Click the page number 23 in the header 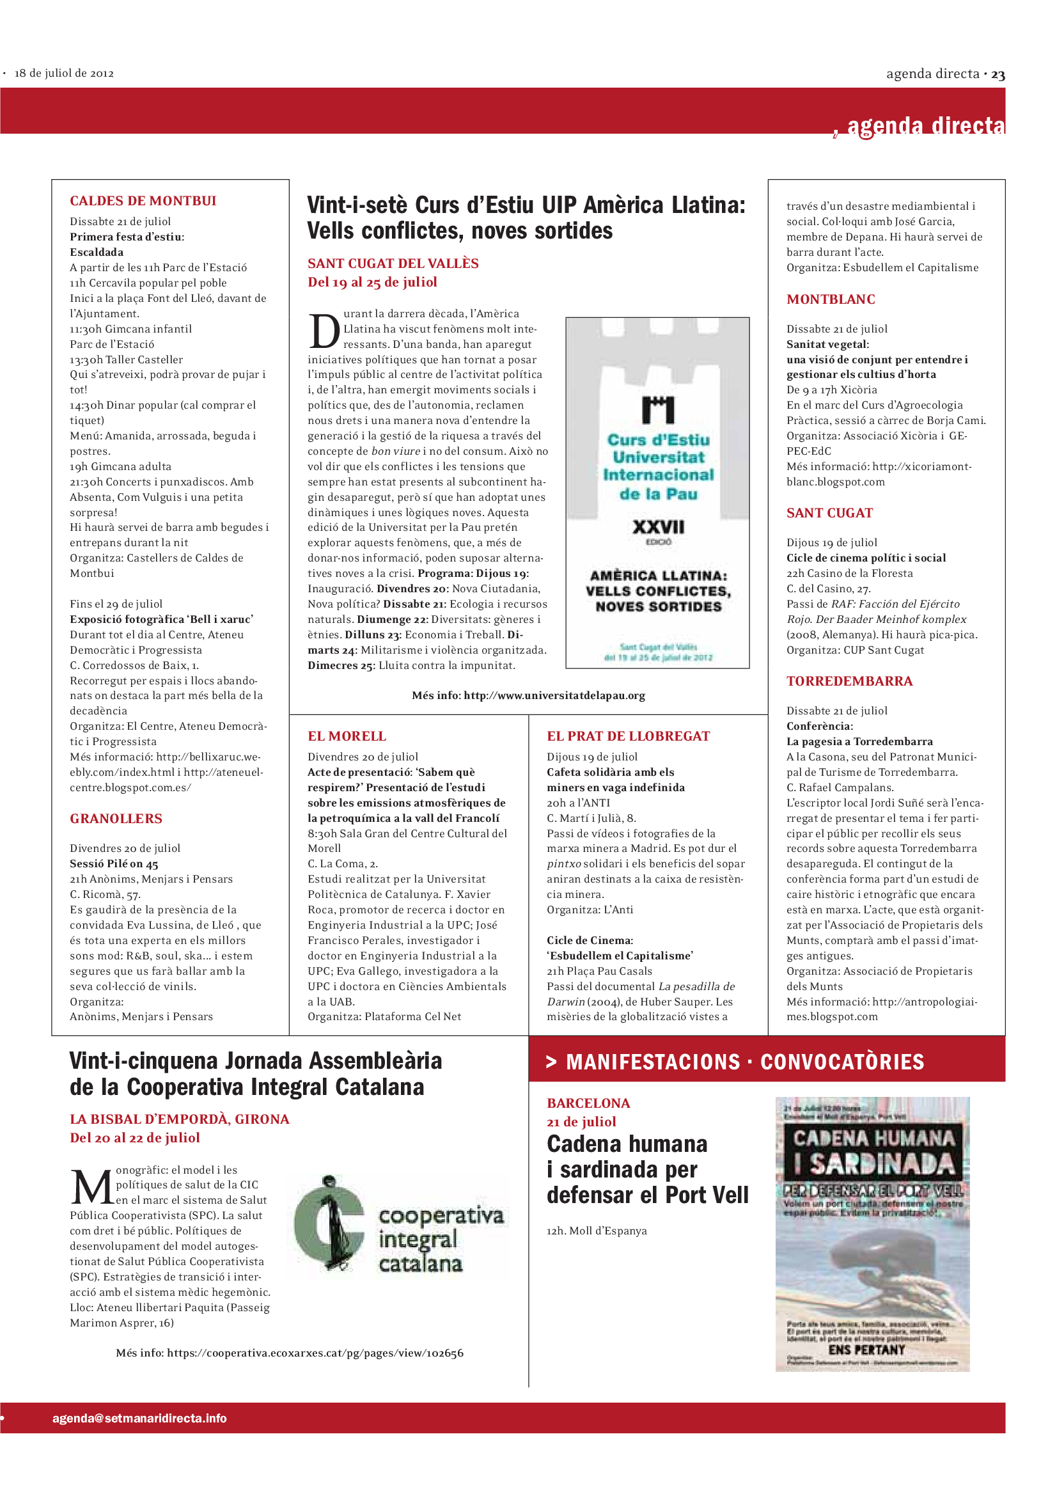tap(998, 75)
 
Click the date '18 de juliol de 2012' tap(64, 73)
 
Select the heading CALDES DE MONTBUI tap(143, 201)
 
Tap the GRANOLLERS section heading tap(116, 819)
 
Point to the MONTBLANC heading tap(831, 299)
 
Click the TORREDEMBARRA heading tap(849, 681)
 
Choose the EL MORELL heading tap(347, 736)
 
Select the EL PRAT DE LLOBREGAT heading tap(628, 736)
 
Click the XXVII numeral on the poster tap(658, 526)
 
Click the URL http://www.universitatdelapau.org tap(554, 695)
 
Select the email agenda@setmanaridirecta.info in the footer tap(139, 1418)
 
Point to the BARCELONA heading tap(588, 1103)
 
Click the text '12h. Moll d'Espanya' tap(597, 1231)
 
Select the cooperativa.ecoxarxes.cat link tap(315, 1353)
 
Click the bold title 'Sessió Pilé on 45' tap(114, 863)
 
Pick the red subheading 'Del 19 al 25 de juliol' tap(372, 282)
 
